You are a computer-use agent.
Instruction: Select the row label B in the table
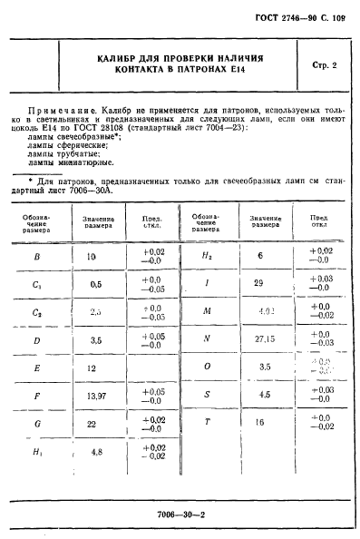[x=35, y=258]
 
